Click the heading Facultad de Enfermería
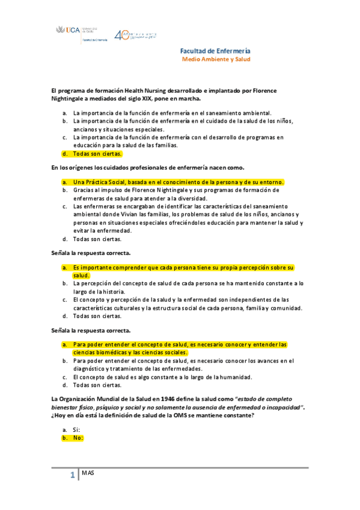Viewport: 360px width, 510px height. tap(215, 51)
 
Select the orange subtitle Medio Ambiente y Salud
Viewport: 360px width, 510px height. tap(216, 60)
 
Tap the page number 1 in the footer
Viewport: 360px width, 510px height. tap(73, 476)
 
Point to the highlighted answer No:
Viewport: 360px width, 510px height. tap(78, 438)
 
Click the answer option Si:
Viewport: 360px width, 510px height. tap(76, 430)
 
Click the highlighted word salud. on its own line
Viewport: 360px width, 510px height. tap(81, 275)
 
